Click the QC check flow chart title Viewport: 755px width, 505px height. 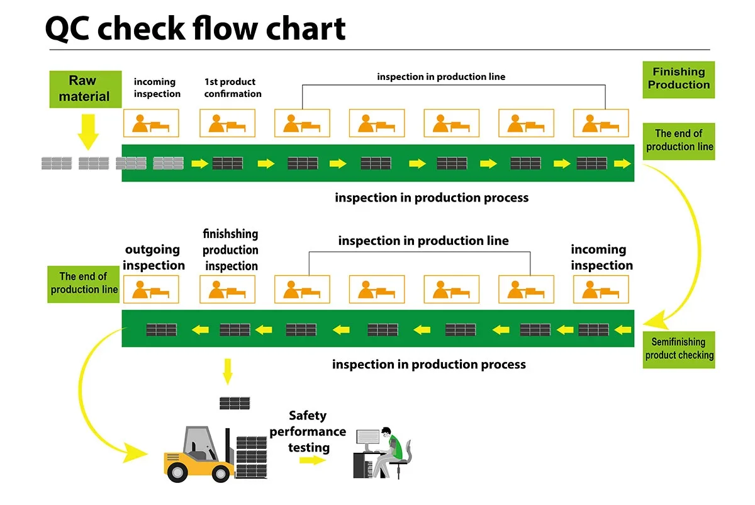(x=195, y=28)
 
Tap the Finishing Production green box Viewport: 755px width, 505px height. (x=679, y=79)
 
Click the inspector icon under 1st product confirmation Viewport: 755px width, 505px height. (x=227, y=123)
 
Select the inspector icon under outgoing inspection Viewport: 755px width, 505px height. (x=151, y=290)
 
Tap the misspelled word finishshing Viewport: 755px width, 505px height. (x=230, y=234)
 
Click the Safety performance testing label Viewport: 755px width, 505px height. (x=308, y=431)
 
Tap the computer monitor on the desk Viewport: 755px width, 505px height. (x=367, y=439)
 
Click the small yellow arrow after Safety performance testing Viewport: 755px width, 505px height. (x=313, y=460)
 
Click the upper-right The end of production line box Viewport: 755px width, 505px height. (x=679, y=140)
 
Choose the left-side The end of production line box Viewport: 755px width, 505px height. (x=84, y=283)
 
